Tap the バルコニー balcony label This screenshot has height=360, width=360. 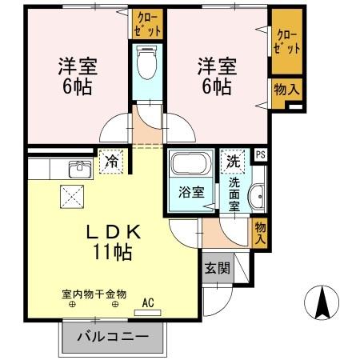point(113,337)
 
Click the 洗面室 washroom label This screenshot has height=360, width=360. point(234,193)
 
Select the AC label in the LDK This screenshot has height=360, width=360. point(148,302)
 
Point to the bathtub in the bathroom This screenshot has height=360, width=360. point(190,166)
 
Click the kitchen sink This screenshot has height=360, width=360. point(78,169)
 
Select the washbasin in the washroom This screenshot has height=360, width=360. point(258,196)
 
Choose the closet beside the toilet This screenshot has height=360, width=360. point(148,22)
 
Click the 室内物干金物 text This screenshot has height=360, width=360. point(94,294)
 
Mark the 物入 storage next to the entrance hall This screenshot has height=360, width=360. point(261,231)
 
